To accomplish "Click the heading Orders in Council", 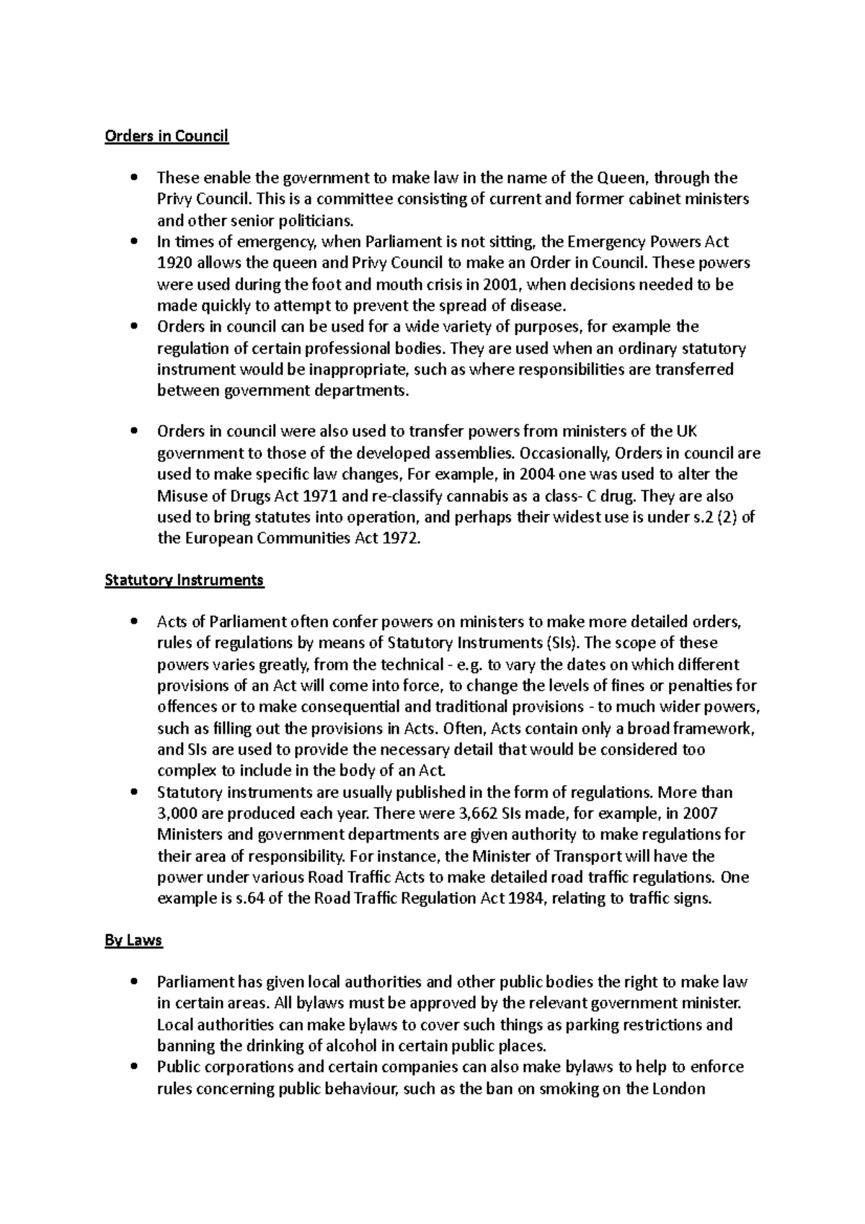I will point(167,136).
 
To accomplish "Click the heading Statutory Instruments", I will point(185,580).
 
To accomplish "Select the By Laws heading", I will point(133,940).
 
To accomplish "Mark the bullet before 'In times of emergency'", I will point(134,241).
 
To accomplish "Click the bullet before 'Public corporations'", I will point(134,1068).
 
